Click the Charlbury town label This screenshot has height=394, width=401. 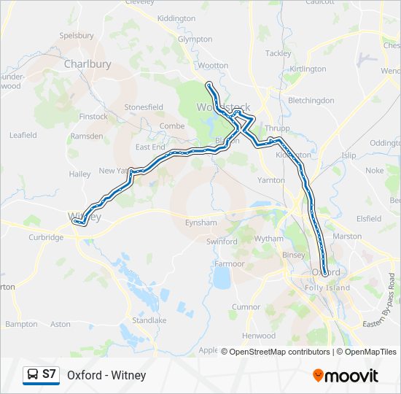tap(87, 64)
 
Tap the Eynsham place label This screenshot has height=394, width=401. tap(201, 222)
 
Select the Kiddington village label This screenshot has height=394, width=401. tap(176, 18)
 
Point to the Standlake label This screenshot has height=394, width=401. tap(149, 320)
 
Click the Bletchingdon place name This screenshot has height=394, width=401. tap(311, 100)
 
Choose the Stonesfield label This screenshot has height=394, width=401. tap(144, 107)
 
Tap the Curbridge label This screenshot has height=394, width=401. tap(46, 237)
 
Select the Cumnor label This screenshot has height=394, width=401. tap(246, 307)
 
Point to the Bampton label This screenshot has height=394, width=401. tap(21, 324)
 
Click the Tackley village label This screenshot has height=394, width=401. tap(278, 53)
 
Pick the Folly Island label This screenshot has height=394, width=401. tap(327, 287)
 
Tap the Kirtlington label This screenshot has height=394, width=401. tap(308, 69)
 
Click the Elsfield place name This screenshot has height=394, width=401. tap(369, 218)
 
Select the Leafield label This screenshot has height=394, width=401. tap(23, 135)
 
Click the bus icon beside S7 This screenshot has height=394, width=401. tap(33, 375)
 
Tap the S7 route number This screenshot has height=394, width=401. tap(50, 375)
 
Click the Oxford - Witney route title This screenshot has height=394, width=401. tap(106, 375)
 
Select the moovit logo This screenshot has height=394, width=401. tap(346, 376)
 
